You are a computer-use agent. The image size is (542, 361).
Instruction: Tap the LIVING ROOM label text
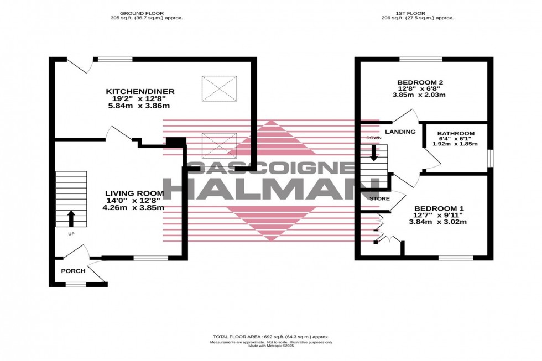[135, 193]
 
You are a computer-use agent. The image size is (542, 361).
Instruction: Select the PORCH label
[73, 271]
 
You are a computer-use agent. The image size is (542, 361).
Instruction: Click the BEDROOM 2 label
[420, 83]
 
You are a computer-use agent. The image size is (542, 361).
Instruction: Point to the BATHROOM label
[456, 133]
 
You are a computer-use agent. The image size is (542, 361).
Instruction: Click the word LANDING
[400, 132]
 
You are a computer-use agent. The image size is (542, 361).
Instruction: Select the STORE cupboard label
[380, 198]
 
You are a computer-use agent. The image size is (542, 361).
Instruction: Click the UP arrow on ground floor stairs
[71, 218]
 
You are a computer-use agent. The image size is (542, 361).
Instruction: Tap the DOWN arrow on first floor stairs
[373, 153]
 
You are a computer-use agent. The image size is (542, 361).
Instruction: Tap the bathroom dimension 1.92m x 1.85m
[455, 144]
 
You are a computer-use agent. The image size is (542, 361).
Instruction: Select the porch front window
[76, 285]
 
